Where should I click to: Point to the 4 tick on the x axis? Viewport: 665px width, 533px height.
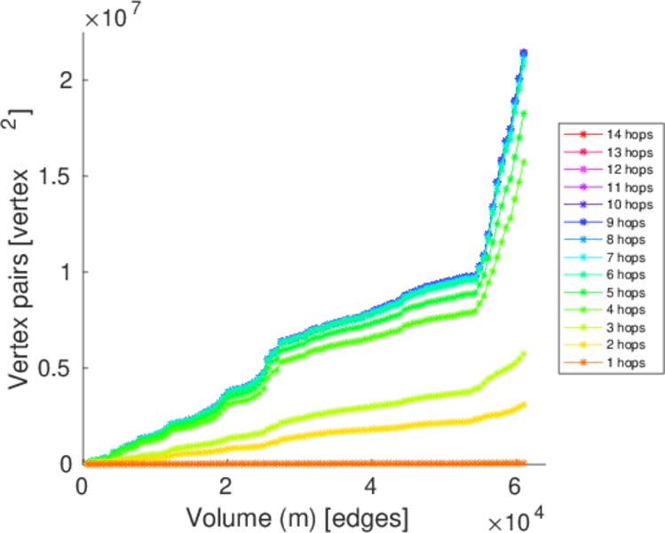tap(371, 486)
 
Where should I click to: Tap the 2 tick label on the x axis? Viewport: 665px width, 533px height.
tap(227, 486)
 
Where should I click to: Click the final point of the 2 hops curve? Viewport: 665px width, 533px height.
tap(524, 404)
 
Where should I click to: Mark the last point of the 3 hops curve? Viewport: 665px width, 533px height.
tap(524, 354)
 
